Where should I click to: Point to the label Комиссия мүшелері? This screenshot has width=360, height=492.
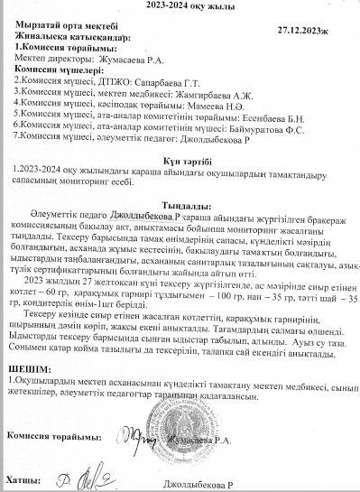click(x=53, y=69)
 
